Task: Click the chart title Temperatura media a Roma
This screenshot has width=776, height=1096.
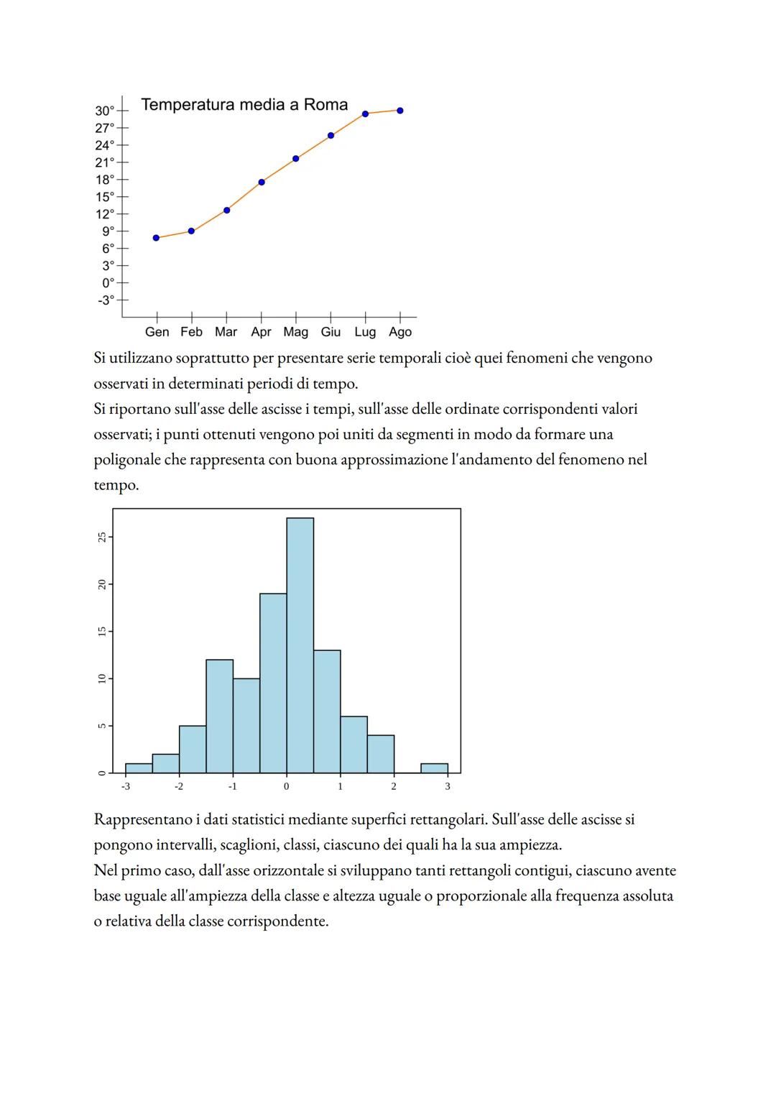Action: pyautogui.click(x=244, y=105)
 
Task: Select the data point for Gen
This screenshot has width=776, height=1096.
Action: pyautogui.click(x=157, y=238)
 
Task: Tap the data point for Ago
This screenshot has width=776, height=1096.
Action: pyautogui.click(x=400, y=111)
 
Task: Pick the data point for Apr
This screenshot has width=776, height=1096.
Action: pyautogui.click(x=262, y=183)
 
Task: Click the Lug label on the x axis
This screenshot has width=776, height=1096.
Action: pyautogui.click(x=365, y=332)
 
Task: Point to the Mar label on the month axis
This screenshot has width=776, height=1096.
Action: pyautogui.click(x=226, y=332)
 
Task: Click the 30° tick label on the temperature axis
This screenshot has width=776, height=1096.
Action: pyautogui.click(x=104, y=111)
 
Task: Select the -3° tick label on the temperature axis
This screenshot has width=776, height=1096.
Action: pyautogui.click(x=106, y=300)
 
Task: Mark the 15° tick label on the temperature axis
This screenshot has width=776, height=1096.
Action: pyautogui.click(x=105, y=197)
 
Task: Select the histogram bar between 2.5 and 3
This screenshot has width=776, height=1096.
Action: pyautogui.click(x=434, y=768)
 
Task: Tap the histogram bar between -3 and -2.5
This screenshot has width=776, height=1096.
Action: pyautogui.click(x=139, y=768)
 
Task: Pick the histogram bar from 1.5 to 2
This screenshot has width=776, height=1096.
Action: pyautogui.click(x=380, y=754)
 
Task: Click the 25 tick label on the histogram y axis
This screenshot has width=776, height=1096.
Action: pyautogui.click(x=102, y=537)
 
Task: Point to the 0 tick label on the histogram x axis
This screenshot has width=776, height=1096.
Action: pyautogui.click(x=287, y=786)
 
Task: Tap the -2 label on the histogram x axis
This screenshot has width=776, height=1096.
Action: pyautogui.click(x=179, y=786)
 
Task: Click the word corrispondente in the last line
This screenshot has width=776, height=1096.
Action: pyautogui.click(x=277, y=921)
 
